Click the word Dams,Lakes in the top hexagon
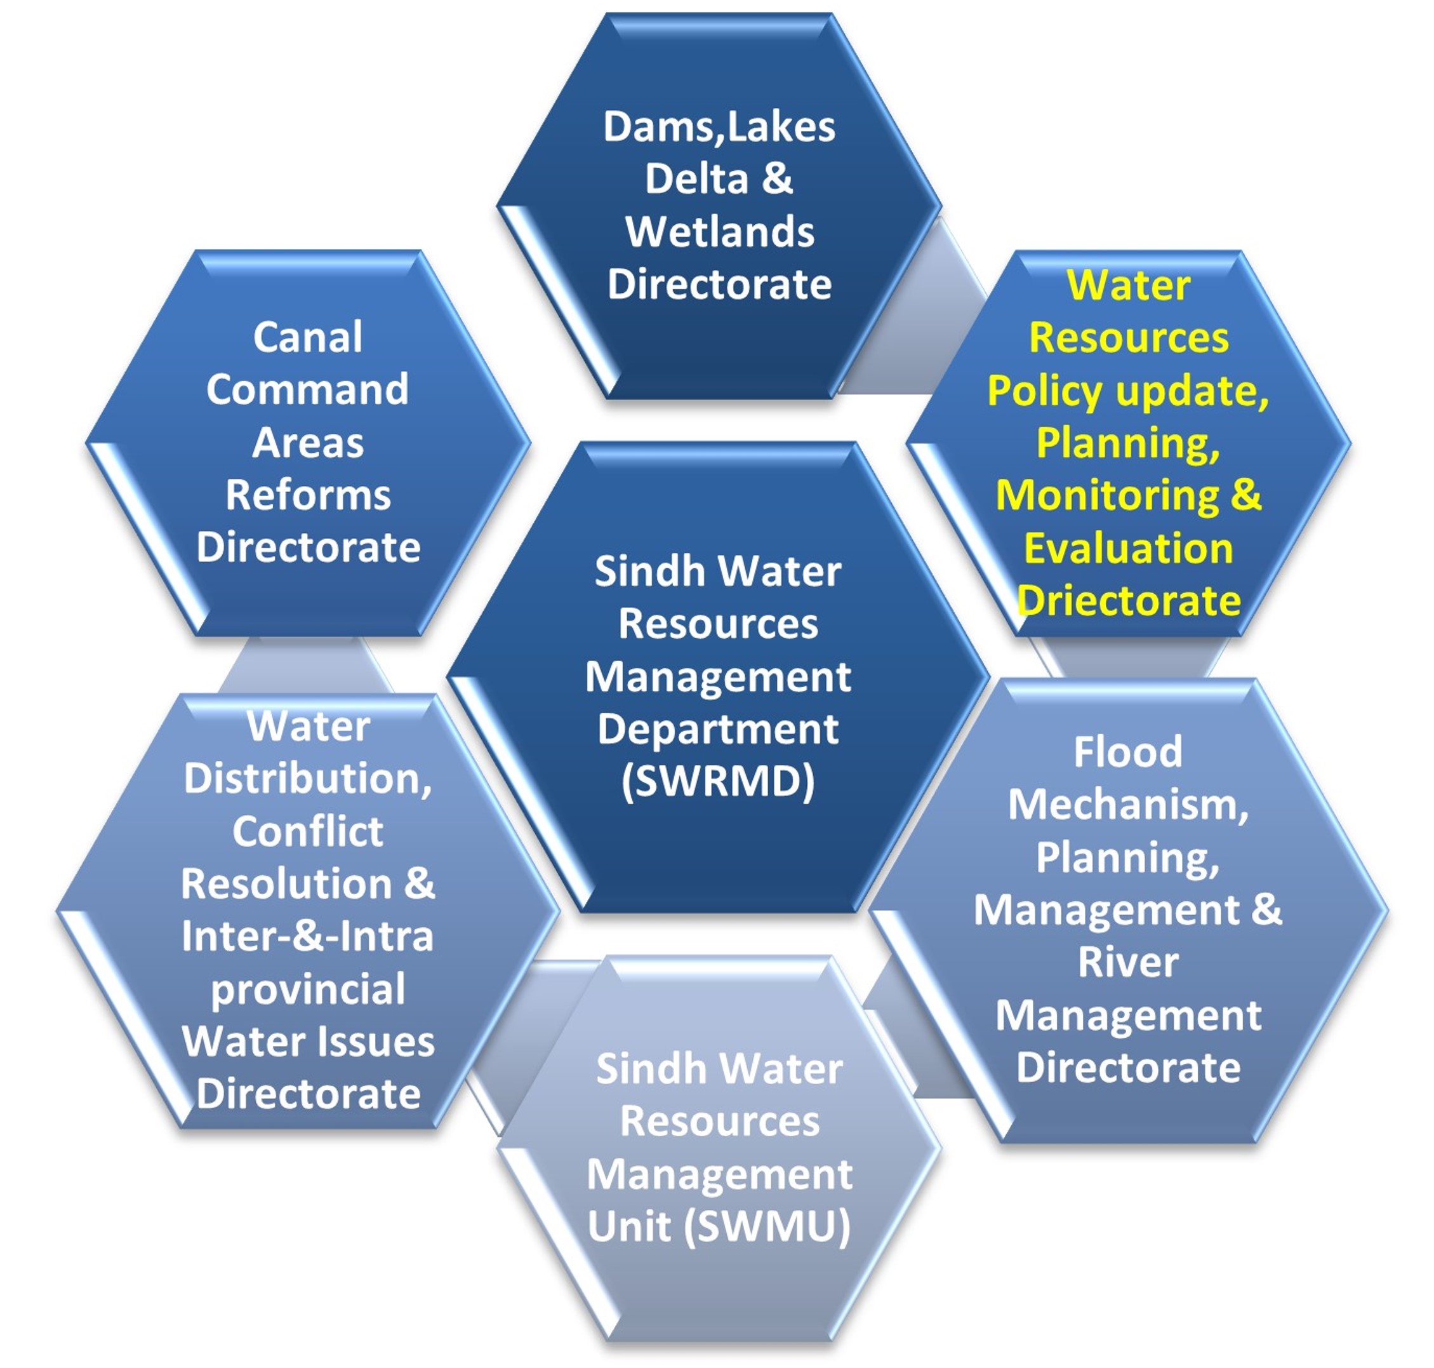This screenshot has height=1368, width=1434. click(x=718, y=128)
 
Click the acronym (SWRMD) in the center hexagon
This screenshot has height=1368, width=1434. click(x=717, y=782)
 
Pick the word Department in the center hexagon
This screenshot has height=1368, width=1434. click(x=717, y=729)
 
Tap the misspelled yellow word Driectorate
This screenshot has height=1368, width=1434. click(x=1128, y=601)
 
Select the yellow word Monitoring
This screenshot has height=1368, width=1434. click(x=1106, y=496)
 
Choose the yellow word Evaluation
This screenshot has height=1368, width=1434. click(x=1128, y=548)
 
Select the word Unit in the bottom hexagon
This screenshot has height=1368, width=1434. click(x=629, y=1226)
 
